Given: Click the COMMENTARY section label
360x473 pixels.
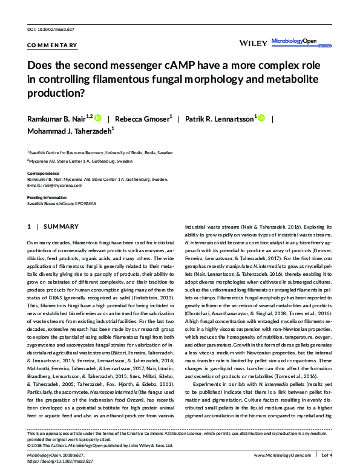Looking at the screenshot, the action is (x=52, y=45).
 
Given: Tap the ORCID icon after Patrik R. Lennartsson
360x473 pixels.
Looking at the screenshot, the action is (x=262, y=117).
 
